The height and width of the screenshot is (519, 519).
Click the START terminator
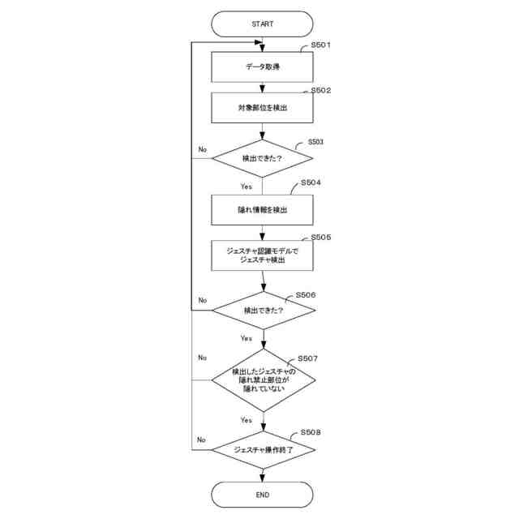pos(262,24)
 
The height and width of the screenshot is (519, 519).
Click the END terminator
pos(262,494)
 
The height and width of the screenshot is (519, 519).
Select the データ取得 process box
pos(262,67)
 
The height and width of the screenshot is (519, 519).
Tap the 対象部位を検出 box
pos(262,107)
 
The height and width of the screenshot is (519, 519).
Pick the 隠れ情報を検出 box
pos(262,209)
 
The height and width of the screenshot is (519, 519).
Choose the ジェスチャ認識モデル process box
pos(262,255)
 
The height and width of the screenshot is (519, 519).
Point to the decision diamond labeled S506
pos(262,310)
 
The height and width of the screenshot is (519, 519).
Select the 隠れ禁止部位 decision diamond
pos(262,378)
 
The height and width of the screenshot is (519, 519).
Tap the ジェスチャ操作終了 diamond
pos(262,448)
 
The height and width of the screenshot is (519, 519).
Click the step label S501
pos(322,46)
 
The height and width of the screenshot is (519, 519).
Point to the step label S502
pos(322,91)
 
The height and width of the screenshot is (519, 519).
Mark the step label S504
pos(311,183)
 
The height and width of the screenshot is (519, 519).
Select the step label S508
pos(311,433)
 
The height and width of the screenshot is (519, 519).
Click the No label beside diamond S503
pos(203,150)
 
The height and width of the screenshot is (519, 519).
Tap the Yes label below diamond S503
pos(246,187)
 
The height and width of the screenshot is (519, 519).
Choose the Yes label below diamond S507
pos(246,420)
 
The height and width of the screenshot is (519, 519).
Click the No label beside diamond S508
pos(202,440)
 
